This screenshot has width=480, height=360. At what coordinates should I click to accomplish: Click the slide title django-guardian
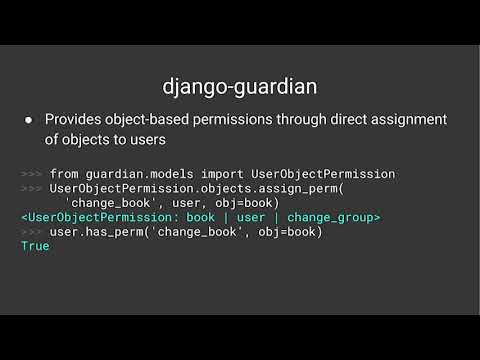[240, 87]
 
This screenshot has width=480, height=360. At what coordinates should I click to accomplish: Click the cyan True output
[35, 246]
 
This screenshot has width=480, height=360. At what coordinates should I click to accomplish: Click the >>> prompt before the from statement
[32, 174]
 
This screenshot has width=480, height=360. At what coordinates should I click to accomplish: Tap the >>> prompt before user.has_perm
[32, 232]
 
